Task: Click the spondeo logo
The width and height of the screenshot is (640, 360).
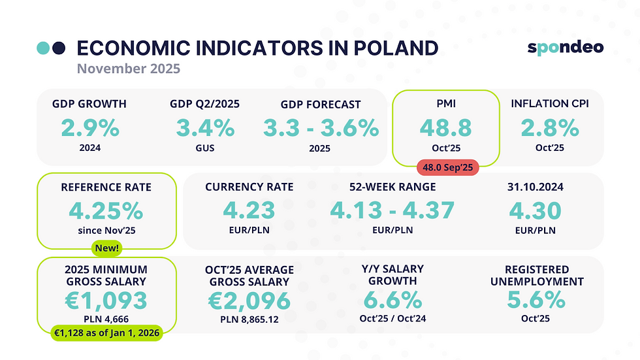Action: (565, 47)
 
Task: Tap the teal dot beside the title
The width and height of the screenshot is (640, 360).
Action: (43, 48)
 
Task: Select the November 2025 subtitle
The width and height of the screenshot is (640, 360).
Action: (128, 68)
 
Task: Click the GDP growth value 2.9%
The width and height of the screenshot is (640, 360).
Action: (89, 127)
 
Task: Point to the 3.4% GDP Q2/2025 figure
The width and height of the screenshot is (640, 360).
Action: (204, 127)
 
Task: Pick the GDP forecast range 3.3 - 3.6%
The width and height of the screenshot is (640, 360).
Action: (320, 127)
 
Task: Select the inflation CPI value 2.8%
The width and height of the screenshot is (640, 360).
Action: (549, 127)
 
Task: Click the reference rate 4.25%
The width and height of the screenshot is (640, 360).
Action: (106, 210)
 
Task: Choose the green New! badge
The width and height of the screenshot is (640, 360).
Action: (106, 249)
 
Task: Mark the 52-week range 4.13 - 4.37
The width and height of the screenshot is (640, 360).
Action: (392, 210)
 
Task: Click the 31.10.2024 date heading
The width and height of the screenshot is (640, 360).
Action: (536, 187)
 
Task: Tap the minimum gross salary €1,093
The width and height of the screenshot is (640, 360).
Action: (106, 301)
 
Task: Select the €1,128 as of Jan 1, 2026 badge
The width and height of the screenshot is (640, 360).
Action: (106, 333)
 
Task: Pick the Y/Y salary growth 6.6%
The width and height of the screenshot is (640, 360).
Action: (392, 301)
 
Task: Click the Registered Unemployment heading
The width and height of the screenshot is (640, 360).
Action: (536, 275)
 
